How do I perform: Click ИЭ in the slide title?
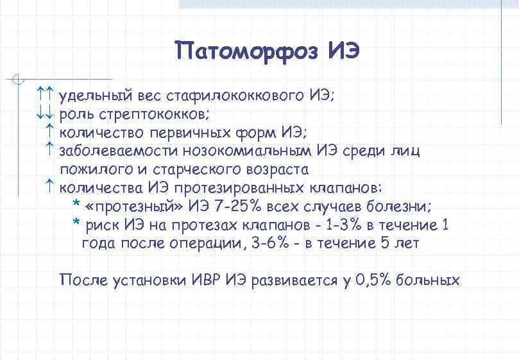click(343, 50)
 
